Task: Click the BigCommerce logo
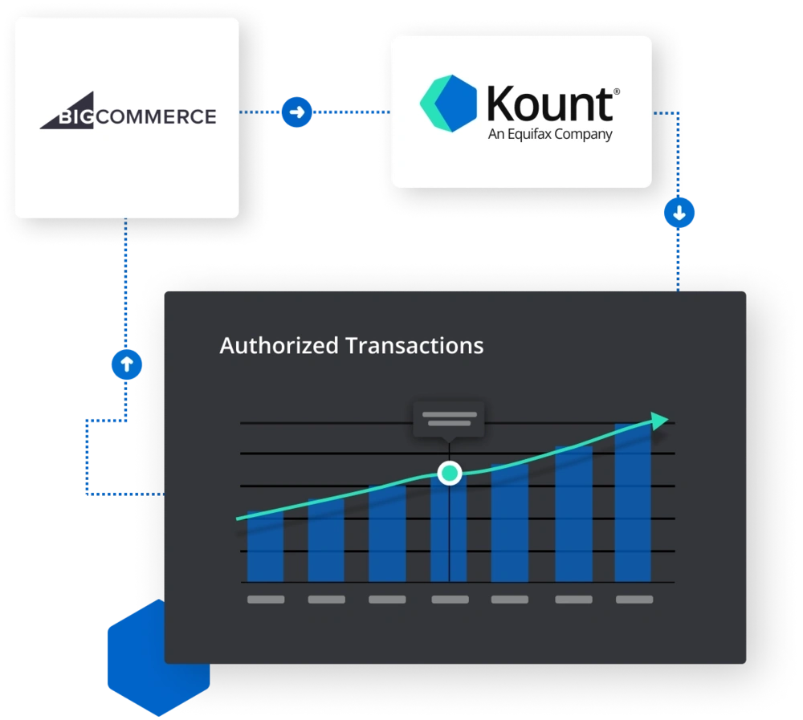128,117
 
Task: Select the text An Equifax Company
550,134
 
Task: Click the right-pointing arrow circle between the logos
296,112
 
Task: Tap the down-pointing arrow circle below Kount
680,214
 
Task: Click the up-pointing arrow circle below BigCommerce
126,365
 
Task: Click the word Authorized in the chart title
279,346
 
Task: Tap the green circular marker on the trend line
450,473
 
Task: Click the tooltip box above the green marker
449,419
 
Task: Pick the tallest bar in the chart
633,502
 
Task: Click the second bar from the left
326,539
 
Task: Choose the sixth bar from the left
573,514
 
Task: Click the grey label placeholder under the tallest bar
634,600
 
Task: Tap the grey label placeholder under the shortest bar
266,600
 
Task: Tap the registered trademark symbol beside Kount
617,92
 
